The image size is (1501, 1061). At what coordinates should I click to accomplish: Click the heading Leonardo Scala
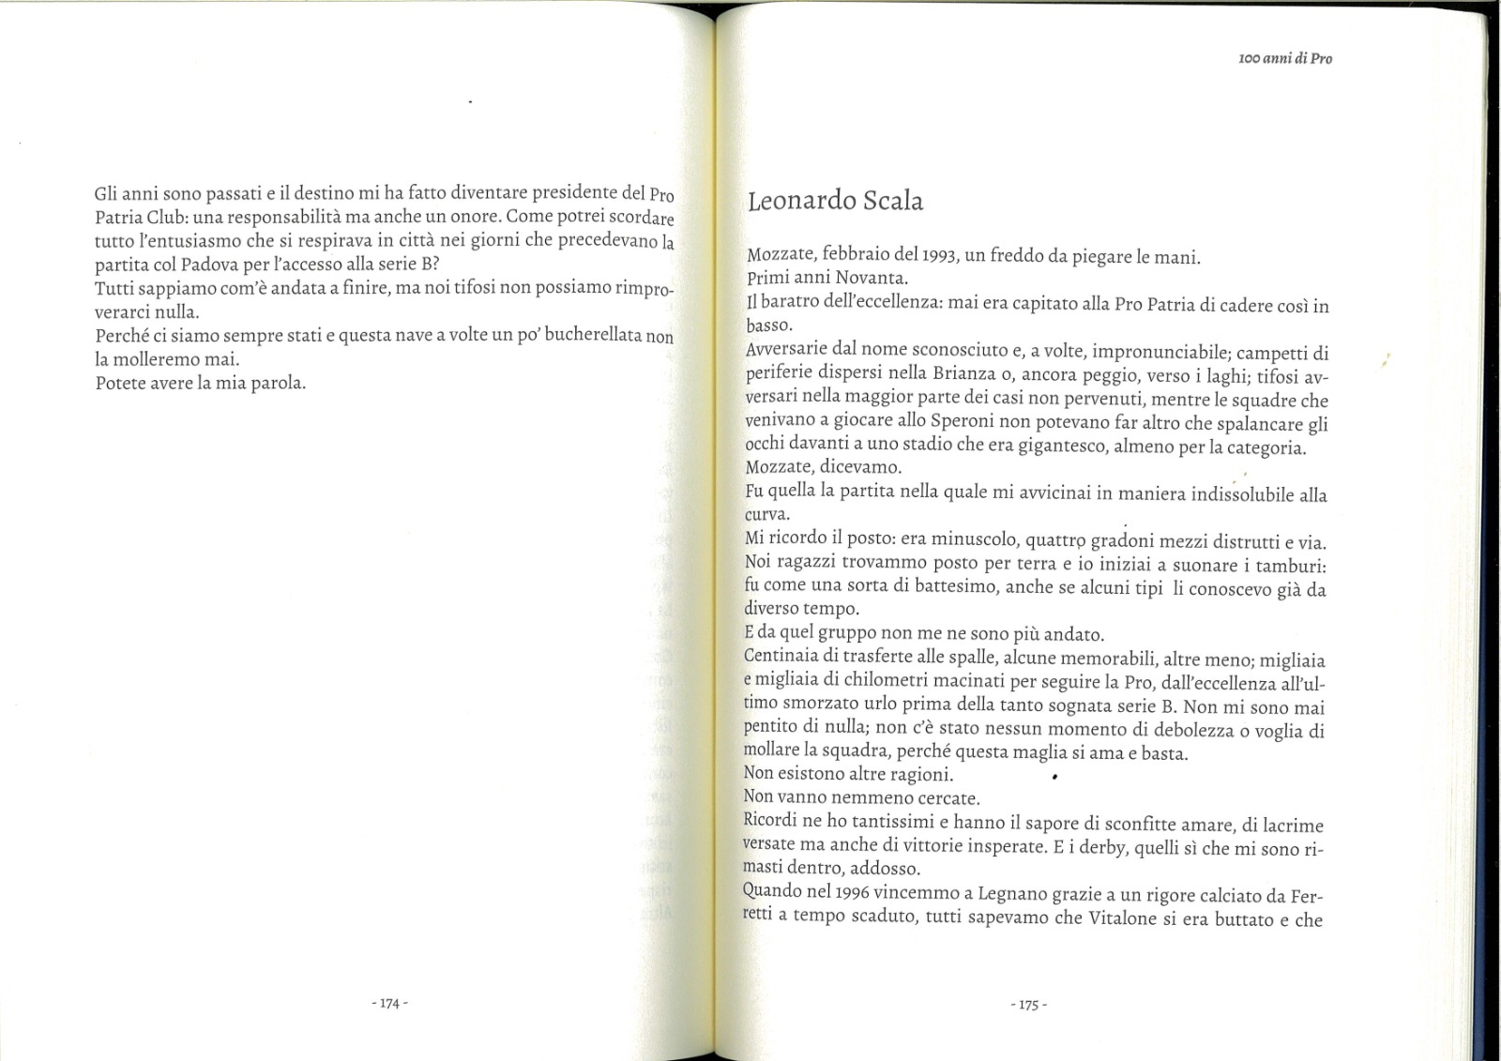coord(835,201)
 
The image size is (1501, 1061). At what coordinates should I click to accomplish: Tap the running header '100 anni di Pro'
coord(1285,58)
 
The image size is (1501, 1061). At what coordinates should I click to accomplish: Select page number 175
coord(1028,1005)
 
